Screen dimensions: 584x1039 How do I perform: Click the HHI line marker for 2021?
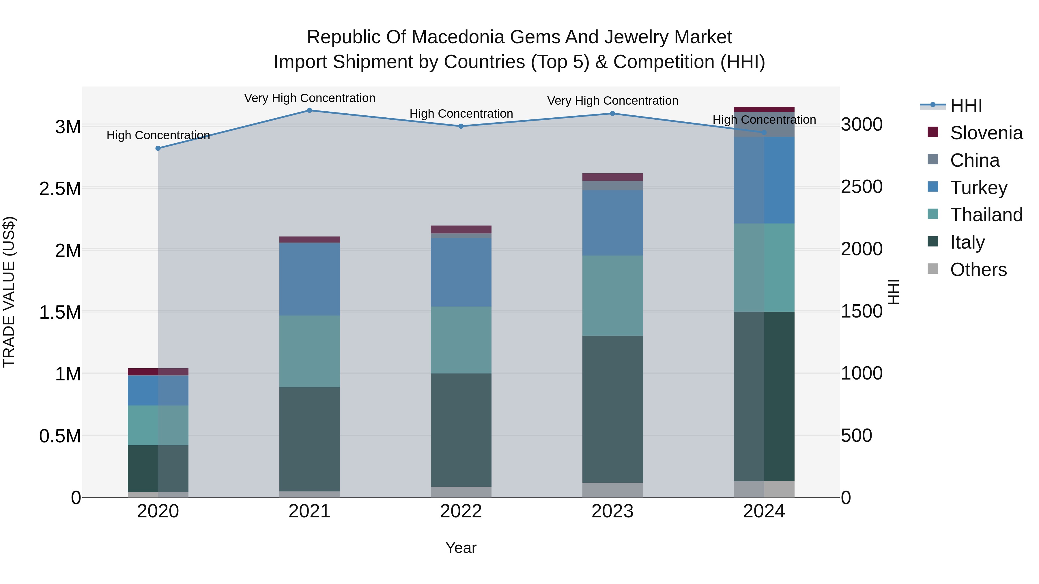pyautogui.click(x=309, y=110)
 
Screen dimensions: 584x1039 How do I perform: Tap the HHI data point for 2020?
pyautogui.click(x=158, y=148)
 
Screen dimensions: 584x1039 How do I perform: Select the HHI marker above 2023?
pyautogui.click(x=612, y=113)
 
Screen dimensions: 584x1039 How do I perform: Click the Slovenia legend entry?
pyautogui.click(x=986, y=133)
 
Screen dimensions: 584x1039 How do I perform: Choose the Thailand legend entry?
pyautogui.click(x=986, y=215)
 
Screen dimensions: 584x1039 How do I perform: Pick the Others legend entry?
pyautogui.click(x=978, y=270)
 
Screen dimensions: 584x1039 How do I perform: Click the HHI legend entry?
pyautogui.click(x=966, y=106)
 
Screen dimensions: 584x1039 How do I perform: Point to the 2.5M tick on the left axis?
pyautogui.click(x=60, y=189)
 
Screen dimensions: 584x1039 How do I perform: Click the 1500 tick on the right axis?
pyautogui.click(x=862, y=311)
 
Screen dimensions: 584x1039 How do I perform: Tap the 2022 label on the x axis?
pyautogui.click(x=461, y=511)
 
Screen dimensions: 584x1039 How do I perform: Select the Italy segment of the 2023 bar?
pyautogui.click(x=612, y=409)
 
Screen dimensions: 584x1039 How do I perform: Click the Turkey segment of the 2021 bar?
pyautogui.click(x=309, y=279)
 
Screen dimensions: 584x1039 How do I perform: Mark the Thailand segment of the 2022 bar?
pyautogui.click(x=461, y=340)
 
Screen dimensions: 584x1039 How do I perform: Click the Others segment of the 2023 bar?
pyautogui.click(x=612, y=490)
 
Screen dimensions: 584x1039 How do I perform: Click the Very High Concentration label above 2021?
pyautogui.click(x=309, y=98)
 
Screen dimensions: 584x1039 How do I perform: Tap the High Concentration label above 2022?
pyautogui.click(x=461, y=114)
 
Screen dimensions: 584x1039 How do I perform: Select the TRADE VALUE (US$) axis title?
pyautogui.click(x=9, y=292)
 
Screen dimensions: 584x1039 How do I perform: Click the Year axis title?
pyautogui.click(x=461, y=548)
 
